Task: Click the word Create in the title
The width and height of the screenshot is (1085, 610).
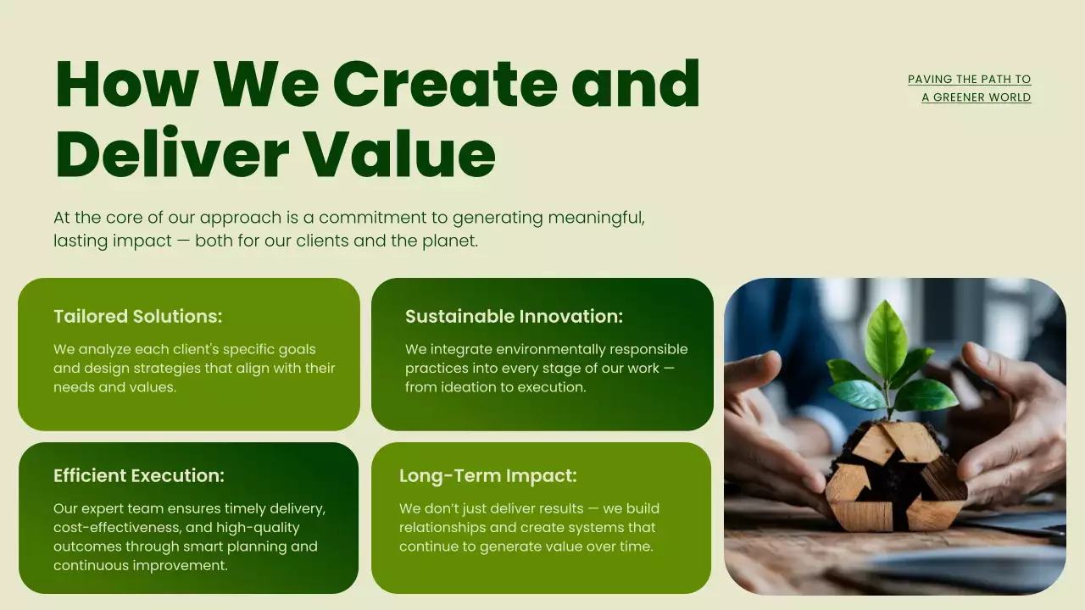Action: click(x=446, y=84)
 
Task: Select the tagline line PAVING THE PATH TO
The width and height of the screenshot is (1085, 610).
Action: click(x=969, y=80)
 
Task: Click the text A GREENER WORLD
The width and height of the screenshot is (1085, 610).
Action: click(x=976, y=97)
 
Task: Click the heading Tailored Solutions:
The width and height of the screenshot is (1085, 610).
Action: click(x=137, y=317)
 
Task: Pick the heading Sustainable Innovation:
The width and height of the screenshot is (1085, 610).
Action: click(x=514, y=317)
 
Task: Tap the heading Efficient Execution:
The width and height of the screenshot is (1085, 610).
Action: click(x=139, y=476)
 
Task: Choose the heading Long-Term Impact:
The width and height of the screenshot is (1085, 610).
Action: click(x=487, y=476)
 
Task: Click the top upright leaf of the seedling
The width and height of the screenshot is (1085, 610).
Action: click(x=886, y=339)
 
